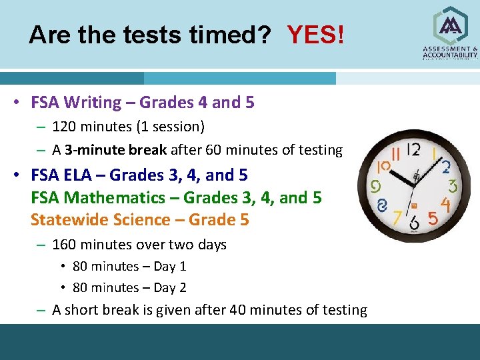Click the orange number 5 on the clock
(x=433, y=218)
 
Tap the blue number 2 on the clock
(x=445, y=167)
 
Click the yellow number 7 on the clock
(x=397, y=217)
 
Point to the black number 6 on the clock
(x=415, y=223)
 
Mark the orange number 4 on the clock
(x=445, y=204)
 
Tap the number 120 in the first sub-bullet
(x=63, y=127)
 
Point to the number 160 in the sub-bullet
(x=63, y=245)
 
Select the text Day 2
(x=170, y=288)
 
